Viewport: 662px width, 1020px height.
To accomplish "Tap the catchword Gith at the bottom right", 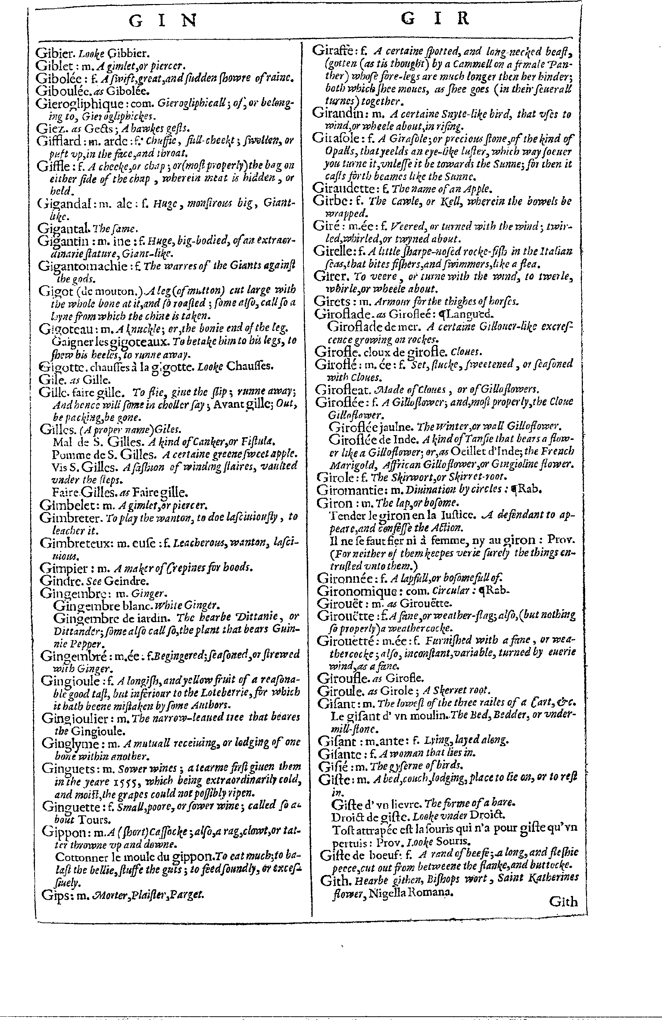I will (x=563, y=902).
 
